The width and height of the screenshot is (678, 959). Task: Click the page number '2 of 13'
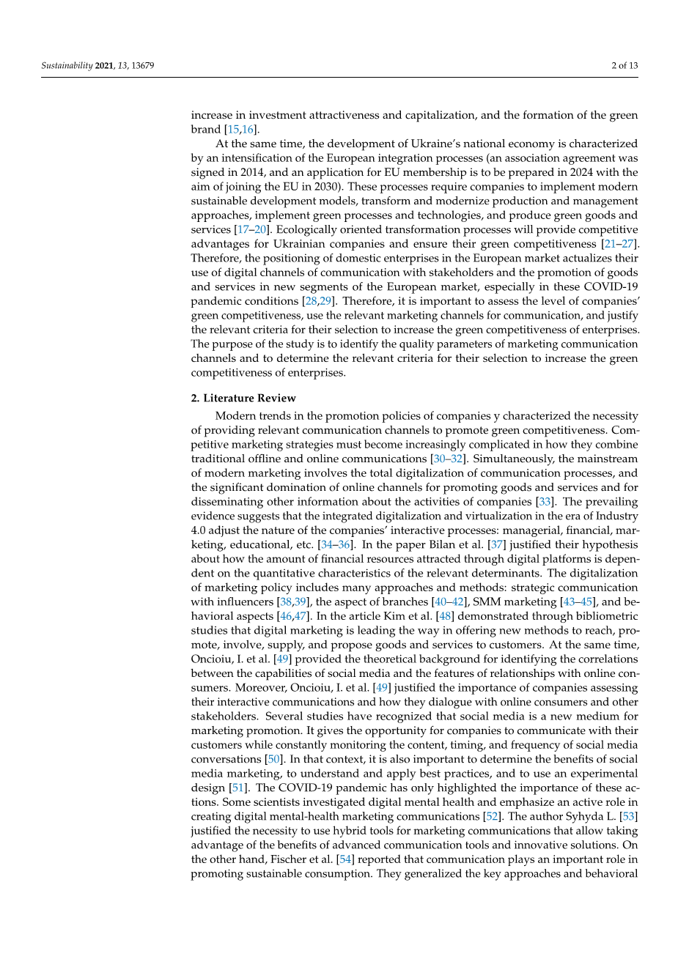(624, 66)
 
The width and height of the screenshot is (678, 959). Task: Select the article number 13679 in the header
(141, 66)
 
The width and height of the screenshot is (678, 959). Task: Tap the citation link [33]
(545, 502)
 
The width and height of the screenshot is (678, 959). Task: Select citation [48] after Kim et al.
(443, 616)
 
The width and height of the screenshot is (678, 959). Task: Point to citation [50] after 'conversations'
(273, 759)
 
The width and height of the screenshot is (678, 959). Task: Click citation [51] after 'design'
(237, 788)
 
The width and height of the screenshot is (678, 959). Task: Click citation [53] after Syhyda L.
(627, 816)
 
